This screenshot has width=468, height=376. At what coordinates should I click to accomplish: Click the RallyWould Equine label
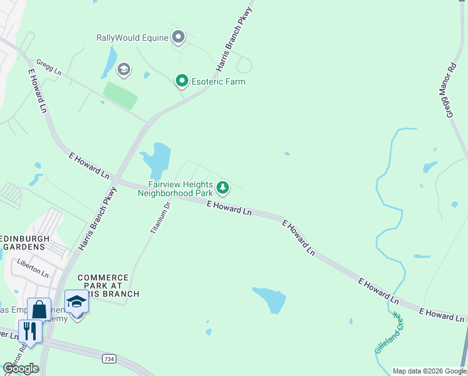coord(133,38)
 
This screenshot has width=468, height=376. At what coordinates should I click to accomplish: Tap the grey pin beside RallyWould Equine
coord(178,38)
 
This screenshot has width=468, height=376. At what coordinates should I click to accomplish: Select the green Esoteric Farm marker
coord(182,81)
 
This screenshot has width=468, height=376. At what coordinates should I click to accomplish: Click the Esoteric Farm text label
coord(218,81)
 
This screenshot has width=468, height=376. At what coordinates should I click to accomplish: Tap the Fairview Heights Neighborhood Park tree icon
coord(222,187)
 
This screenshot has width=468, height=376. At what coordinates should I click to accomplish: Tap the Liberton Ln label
coord(33,268)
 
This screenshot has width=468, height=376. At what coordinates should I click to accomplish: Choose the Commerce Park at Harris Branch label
coord(103,285)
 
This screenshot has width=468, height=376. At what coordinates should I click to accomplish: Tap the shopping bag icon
coord(39,309)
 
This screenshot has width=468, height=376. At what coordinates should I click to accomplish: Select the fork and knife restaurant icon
coord(30,330)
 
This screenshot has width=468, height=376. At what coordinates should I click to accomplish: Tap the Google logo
coord(21,368)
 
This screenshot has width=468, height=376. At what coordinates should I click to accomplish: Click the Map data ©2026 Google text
coord(429,371)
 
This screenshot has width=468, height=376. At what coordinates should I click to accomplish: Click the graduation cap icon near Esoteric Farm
coord(123,69)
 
